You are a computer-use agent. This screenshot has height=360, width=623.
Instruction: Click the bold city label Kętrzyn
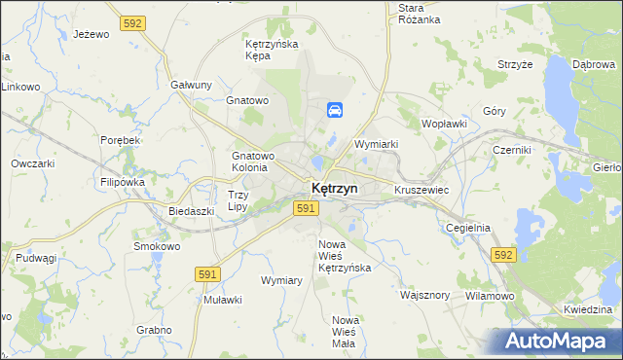(x=335, y=188)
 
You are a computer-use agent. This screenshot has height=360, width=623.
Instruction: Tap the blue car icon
(x=334, y=111)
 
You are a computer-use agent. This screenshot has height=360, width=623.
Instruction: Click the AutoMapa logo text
(x=559, y=341)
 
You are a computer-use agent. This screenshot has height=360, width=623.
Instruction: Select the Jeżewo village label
(x=91, y=34)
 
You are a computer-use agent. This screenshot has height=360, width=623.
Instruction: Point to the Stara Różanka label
(x=420, y=14)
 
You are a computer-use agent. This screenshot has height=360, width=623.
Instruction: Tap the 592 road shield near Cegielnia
(x=502, y=254)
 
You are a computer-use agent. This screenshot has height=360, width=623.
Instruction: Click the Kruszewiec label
(x=421, y=190)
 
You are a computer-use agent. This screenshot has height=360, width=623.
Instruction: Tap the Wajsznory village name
(x=424, y=294)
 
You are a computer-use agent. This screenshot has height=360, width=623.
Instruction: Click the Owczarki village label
(x=32, y=163)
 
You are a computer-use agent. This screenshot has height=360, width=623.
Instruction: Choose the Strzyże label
(x=515, y=64)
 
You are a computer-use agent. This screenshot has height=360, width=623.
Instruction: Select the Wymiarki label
(x=377, y=144)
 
